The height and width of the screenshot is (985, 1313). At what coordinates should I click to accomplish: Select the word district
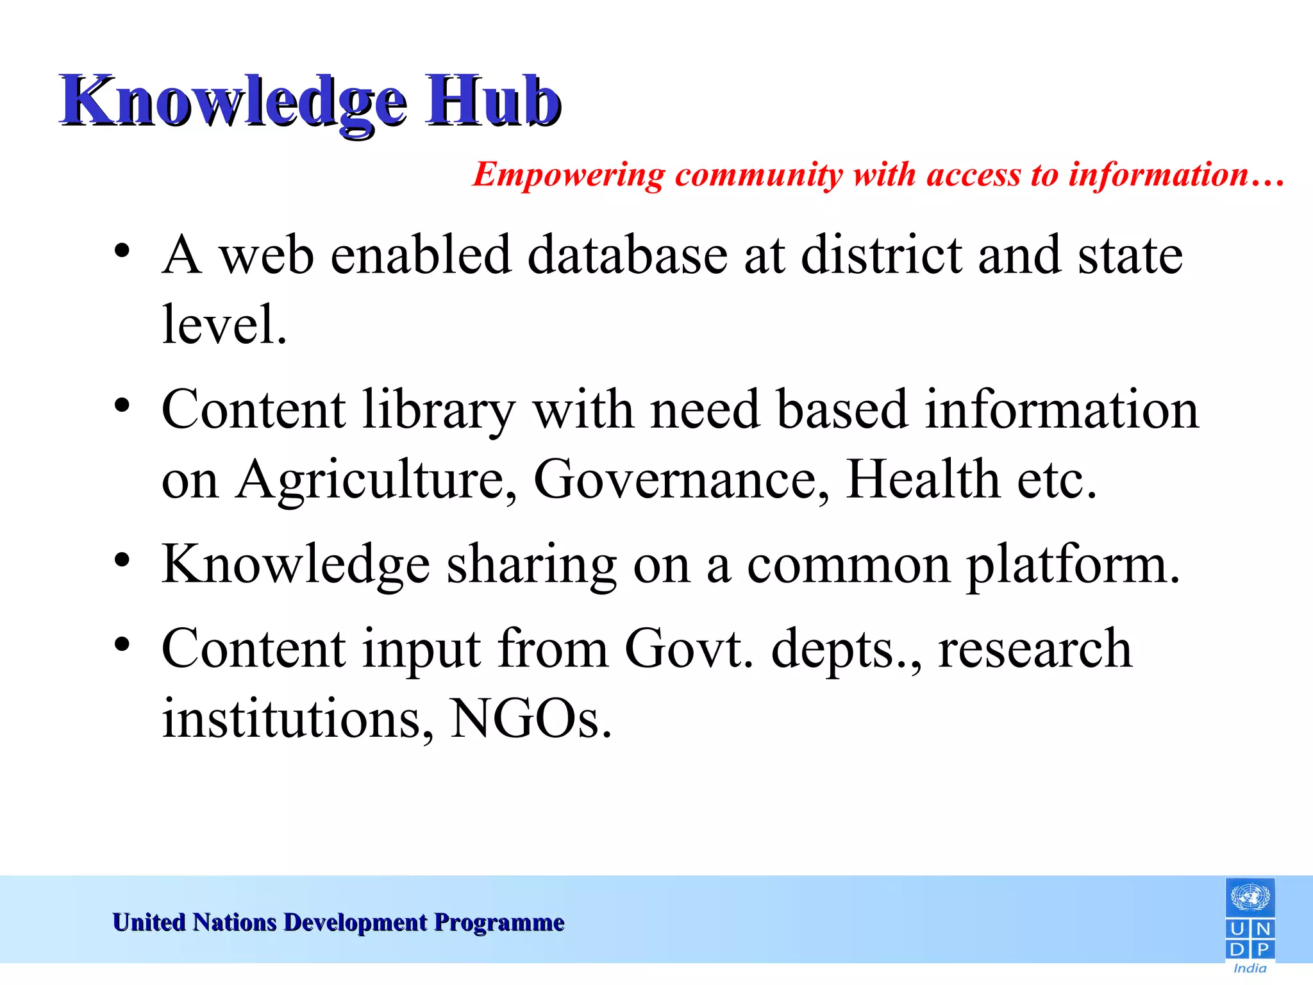(x=882, y=255)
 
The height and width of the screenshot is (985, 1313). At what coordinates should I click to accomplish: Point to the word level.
(x=224, y=324)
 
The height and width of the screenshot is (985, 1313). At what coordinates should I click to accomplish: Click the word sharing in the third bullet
(x=531, y=565)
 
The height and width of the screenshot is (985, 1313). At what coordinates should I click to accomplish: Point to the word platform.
(x=1072, y=565)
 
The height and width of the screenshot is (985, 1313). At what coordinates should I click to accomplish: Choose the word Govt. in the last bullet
(x=689, y=649)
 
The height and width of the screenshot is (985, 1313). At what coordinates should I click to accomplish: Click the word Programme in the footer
(x=499, y=922)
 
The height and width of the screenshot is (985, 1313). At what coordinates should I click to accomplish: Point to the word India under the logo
(x=1250, y=968)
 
